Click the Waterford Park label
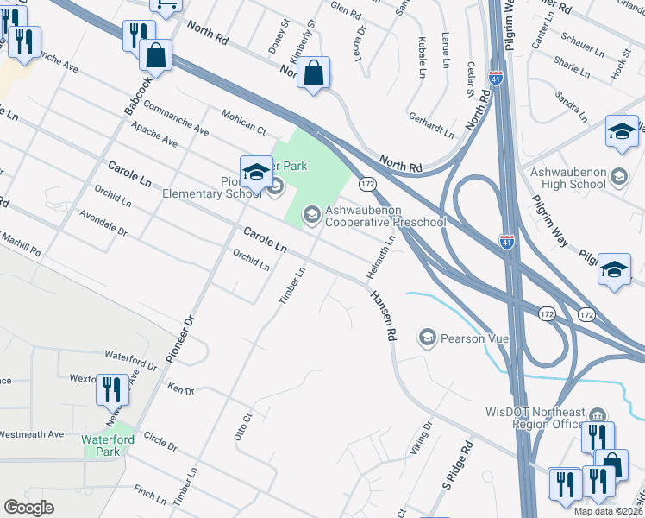click(x=108, y=445)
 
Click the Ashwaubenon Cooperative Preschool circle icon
click(x=310, y=213)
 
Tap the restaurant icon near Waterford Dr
click(x=112, y=390)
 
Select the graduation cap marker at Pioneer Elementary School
click(x=256, y=172)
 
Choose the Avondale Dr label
click(x=103, y=224)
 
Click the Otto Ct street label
click(x=242, y=427)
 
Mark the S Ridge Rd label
click(x=460, y=462)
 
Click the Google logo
click(x=28, y=507)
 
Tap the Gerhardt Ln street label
click(x=430, y=127)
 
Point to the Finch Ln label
click(x=149, y=496)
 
